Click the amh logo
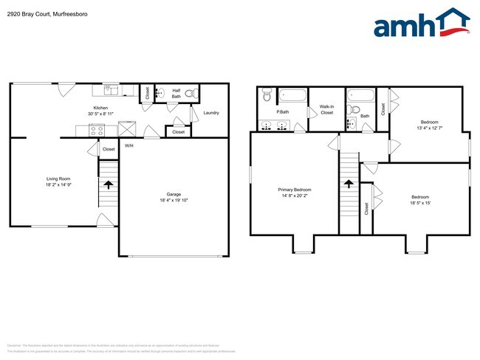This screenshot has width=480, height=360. coord(422,24)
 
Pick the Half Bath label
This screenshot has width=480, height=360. coord(177,94)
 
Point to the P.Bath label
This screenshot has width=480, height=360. coord(282,113)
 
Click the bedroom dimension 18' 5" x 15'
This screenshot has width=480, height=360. coord(420,203)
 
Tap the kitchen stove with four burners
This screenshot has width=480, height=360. coord(97,130)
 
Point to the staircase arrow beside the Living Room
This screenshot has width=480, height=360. coord(109,184)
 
